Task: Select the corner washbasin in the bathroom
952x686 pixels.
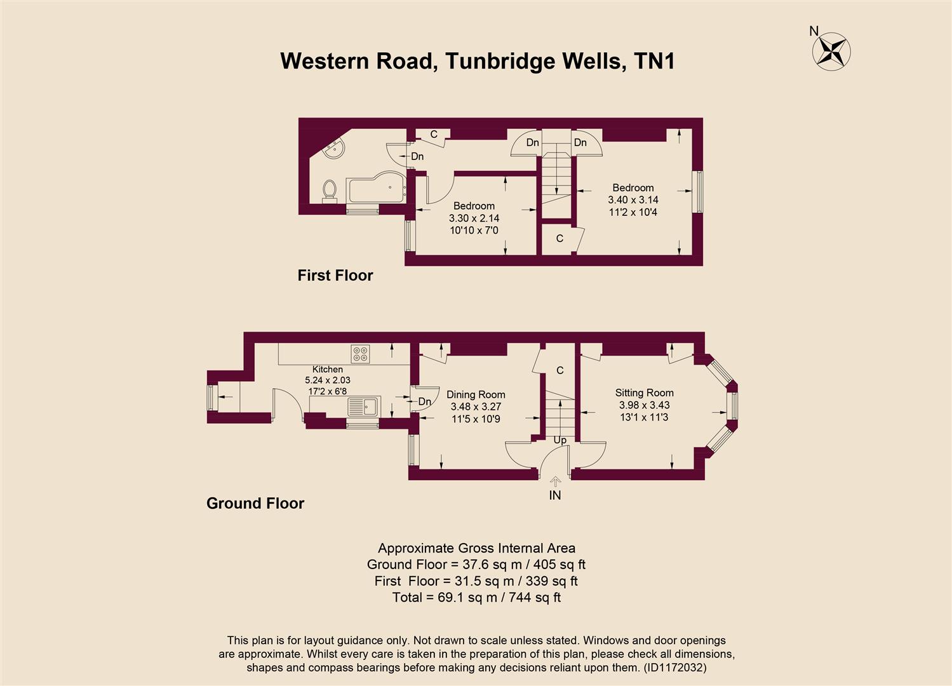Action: [333, 151]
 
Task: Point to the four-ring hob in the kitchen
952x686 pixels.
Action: [360, 354]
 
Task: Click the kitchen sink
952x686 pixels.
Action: [363, 407]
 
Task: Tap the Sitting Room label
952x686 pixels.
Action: [644, 393]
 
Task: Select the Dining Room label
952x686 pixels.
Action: [476, 394]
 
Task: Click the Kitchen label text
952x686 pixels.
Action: [327, 369]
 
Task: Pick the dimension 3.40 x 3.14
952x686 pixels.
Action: [633, 199]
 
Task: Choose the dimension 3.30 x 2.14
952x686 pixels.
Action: [474, 218]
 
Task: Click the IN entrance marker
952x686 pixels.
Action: [555, 495]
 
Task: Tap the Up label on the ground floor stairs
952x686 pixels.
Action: [560, 440]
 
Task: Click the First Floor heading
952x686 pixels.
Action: [335, 275]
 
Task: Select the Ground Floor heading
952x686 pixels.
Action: [255, 503]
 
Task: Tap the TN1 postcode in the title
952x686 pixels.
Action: [654, 61]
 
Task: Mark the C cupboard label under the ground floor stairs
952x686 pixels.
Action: [560, 370]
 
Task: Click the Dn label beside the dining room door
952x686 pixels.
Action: [425, 401]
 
